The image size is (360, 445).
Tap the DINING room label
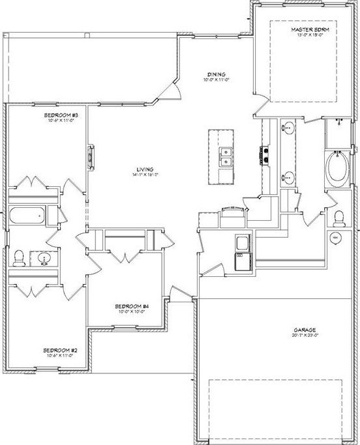pos(217,74)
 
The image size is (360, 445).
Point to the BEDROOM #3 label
pos(59,115)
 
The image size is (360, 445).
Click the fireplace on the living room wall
pos(90,157)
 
